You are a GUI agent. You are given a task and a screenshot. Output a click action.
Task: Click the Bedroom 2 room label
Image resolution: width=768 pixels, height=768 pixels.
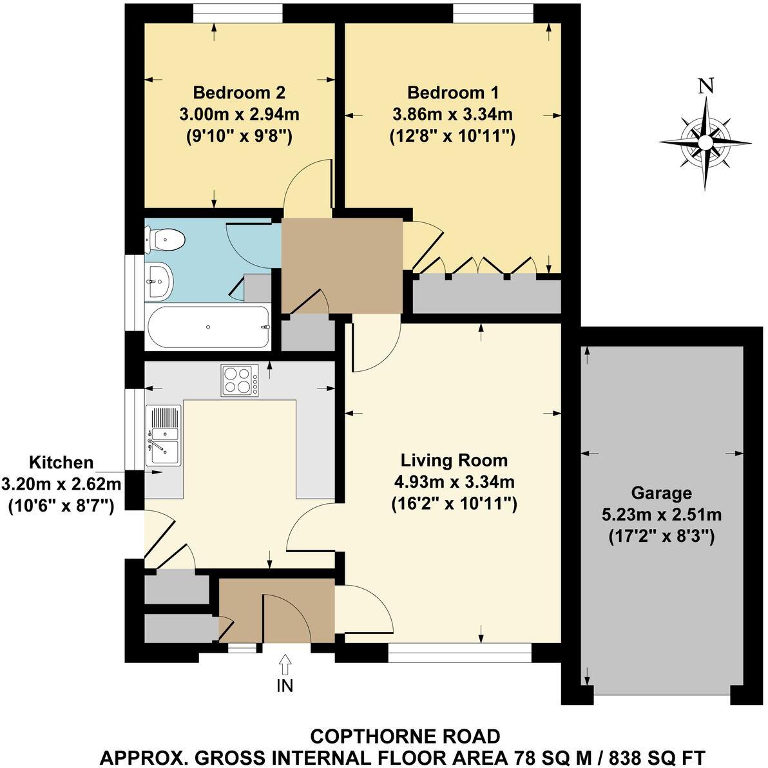(239, 92)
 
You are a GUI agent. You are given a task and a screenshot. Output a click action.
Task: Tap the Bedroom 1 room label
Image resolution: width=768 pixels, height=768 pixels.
(453, 92)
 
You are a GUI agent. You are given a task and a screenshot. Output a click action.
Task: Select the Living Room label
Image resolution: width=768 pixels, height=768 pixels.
(454, 461)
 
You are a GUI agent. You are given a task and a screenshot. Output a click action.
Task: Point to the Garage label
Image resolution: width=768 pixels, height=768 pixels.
(661, 494)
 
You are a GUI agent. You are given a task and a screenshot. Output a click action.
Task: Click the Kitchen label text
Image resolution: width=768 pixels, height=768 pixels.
(62, 463)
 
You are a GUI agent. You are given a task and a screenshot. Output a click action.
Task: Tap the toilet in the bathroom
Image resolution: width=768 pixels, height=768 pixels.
(167, 241)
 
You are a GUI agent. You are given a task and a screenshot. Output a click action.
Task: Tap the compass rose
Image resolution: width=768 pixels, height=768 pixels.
(706, 142)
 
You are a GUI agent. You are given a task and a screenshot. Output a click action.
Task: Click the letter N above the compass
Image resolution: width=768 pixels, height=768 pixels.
(707, 86)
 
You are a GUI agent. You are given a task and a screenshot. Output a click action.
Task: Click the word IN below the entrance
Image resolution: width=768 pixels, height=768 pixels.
(285, 686)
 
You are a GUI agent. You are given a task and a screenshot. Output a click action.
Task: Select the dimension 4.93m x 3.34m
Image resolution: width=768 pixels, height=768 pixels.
(454, 482)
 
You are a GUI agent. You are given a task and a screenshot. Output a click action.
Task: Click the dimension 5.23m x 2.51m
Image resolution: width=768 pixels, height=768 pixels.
(661, 515)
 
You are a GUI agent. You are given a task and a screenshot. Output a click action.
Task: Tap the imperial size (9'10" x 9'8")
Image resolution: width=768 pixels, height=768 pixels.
(239, 136)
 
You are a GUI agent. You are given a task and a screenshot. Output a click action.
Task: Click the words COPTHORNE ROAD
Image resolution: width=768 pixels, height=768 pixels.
(405, 736)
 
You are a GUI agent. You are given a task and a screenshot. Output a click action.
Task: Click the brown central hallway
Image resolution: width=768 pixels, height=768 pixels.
(341, 264)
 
